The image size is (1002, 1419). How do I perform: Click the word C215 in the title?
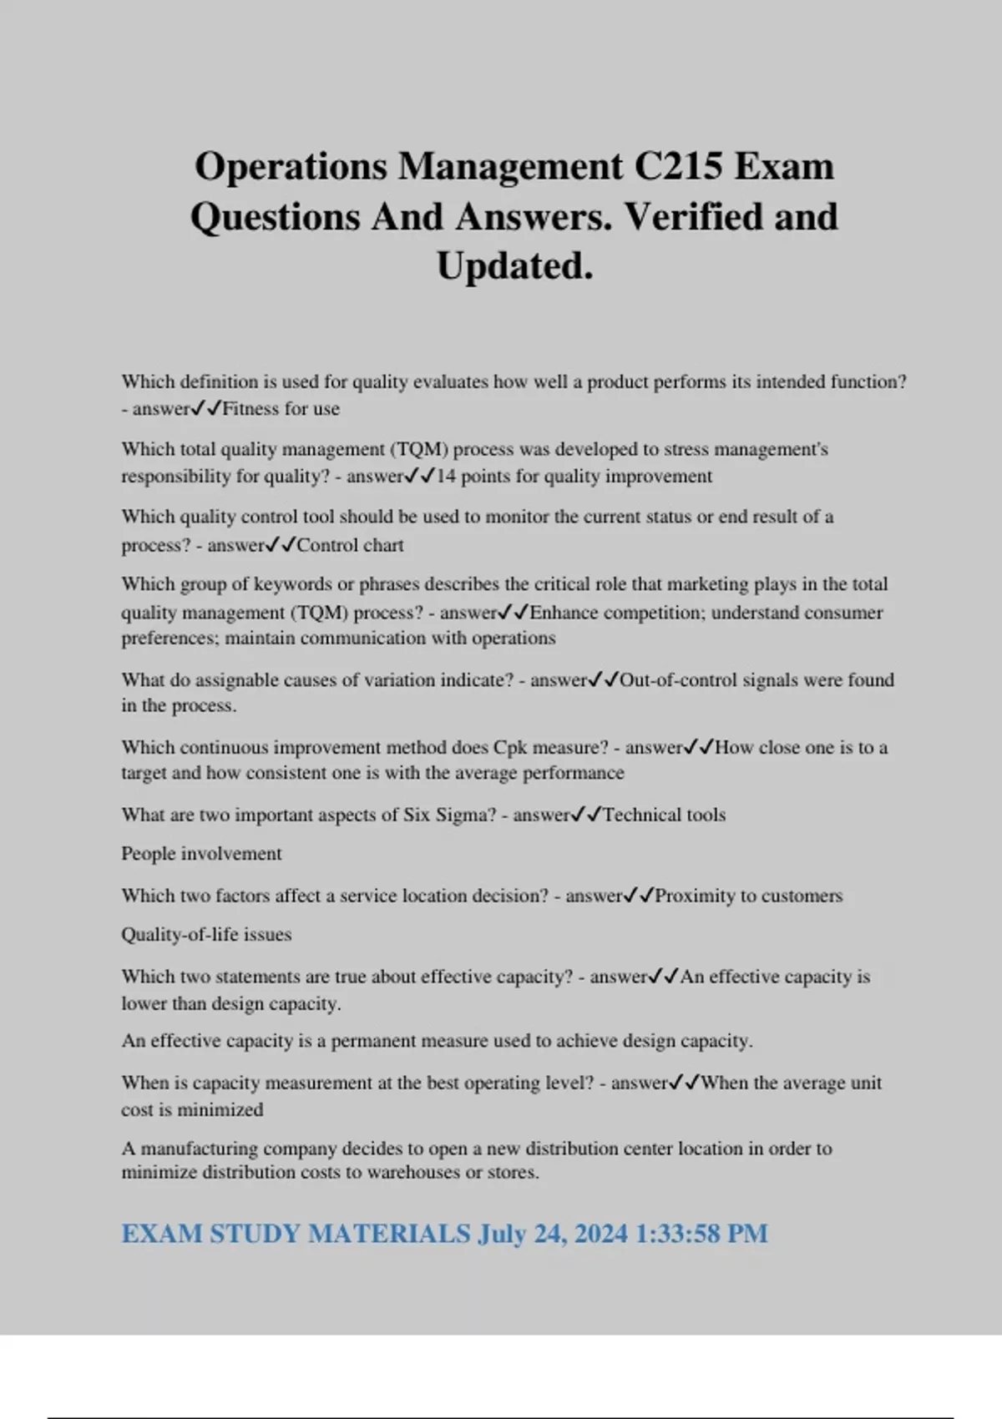point(678,166)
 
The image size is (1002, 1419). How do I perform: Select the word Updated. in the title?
point(514,266)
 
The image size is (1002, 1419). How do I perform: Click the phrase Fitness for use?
point(281,409)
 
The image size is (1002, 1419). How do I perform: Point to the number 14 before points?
point(446,477)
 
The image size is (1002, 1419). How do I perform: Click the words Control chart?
point(350,545)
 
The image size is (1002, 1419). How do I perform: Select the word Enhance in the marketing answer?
point(564,613)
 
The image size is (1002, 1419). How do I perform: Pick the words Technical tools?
point(664,815)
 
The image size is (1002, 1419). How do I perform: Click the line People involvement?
point(201,854)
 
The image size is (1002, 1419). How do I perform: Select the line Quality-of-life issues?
point(206,935)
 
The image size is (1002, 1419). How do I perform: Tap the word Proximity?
point(696,896)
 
